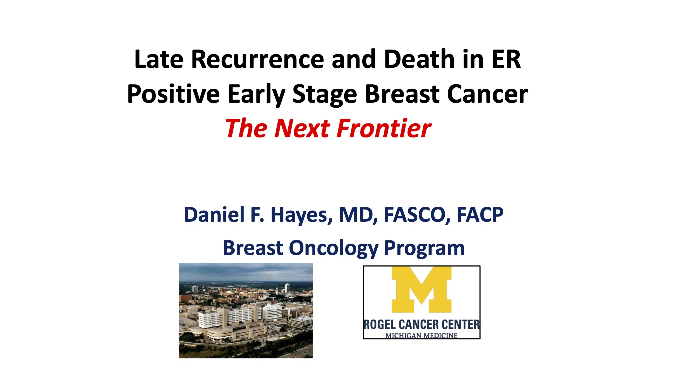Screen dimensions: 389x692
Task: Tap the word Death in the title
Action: [x=419, y=60]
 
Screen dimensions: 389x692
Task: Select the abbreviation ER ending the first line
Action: [x=506, y=60]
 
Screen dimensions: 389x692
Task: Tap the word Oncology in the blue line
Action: [x=333, y=248]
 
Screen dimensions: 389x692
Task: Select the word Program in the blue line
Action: [x=424, y=248]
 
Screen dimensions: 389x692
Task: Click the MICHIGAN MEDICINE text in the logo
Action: [x=421, y=336]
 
